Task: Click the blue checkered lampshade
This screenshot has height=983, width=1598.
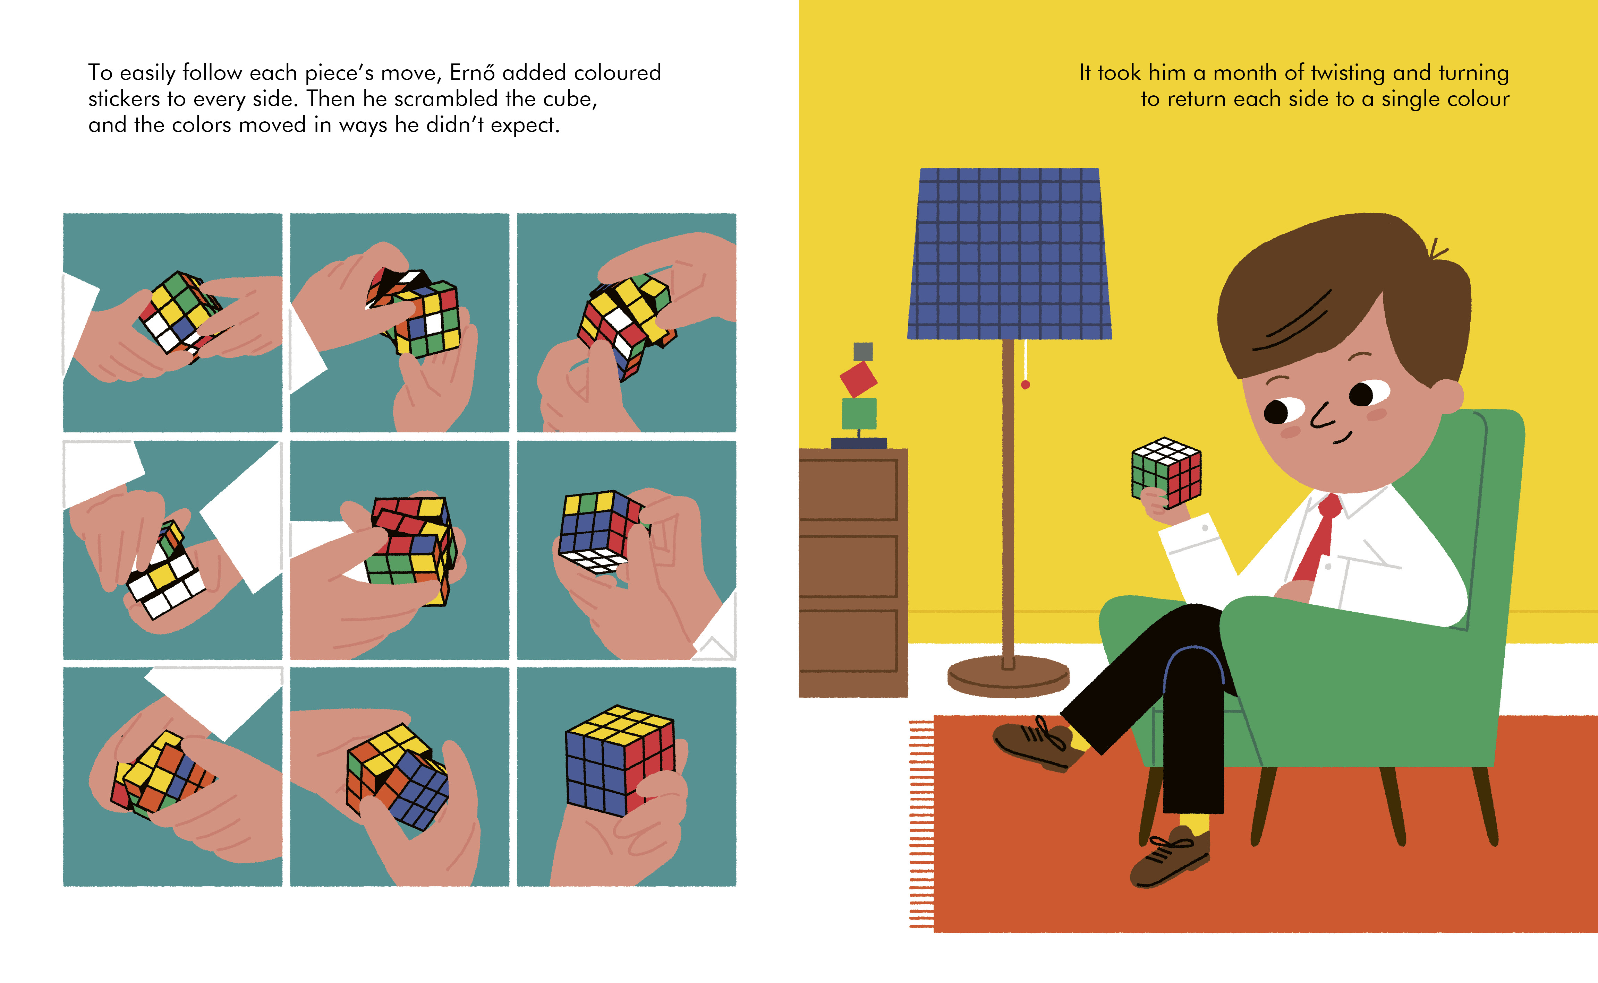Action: (x=1009, y=253)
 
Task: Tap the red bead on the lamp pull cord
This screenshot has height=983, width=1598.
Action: (x=1026, y=385)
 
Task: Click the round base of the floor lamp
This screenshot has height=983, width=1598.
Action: (x=1008, y=676)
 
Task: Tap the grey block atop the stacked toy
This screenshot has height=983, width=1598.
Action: (x=863, y=351)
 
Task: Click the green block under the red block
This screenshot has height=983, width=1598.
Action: (x=859, y=413)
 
